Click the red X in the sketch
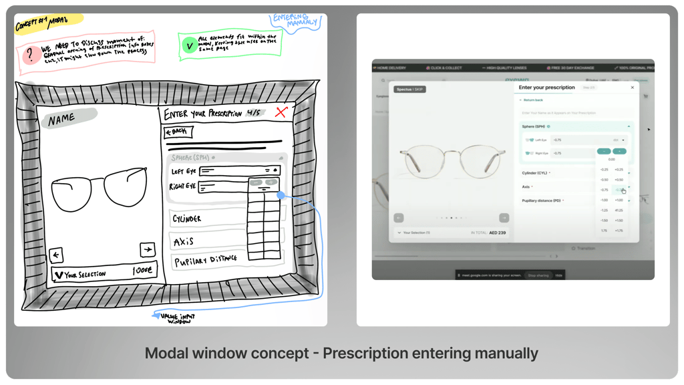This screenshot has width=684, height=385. tap(281, 112)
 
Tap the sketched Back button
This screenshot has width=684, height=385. tap(178, 132)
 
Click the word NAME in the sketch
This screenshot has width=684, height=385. tap(61, 119)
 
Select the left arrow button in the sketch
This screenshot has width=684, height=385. tap(57, 254)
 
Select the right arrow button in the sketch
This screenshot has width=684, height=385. tap(147, 249)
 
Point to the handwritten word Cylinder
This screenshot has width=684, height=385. tap(187, 219)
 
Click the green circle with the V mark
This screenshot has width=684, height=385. tap(189, 46)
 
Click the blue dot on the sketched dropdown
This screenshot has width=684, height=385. tap(281, 196)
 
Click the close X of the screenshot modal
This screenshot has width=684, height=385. tap(633, 88)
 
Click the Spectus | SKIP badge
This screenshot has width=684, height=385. tap(409, 89)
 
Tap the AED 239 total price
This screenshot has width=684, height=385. tap(497, 233)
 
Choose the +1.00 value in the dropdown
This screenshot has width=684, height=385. tap(619, 200)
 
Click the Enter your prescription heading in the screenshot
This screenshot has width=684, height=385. tap(546, 88)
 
